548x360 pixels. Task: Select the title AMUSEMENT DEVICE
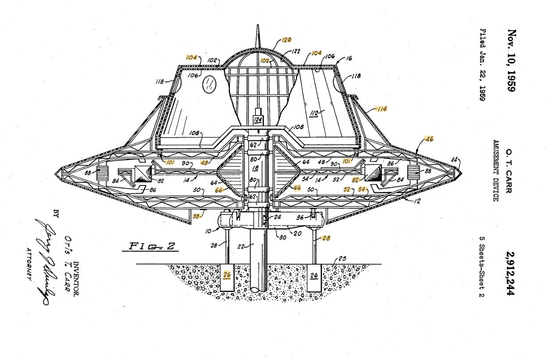coord(494,171)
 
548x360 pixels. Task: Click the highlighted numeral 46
coord(427,139)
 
